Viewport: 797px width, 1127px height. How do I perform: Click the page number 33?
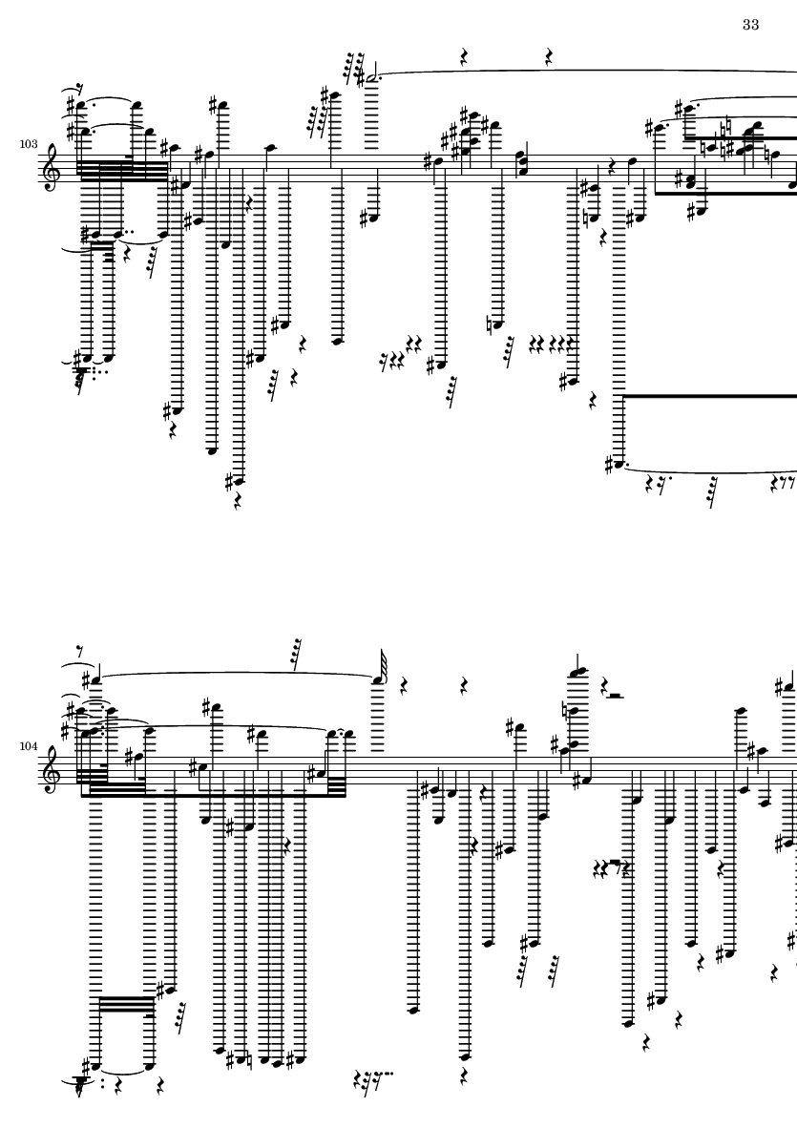pyautogui.click(x=750, y=24)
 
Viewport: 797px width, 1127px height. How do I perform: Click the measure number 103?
pyautogui.click(x=29, y=143)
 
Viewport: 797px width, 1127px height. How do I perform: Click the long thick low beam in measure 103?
pyautogui.click(x=706, y=394)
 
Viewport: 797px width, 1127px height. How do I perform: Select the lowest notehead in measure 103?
pyautogui.click(x=236, y=481)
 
